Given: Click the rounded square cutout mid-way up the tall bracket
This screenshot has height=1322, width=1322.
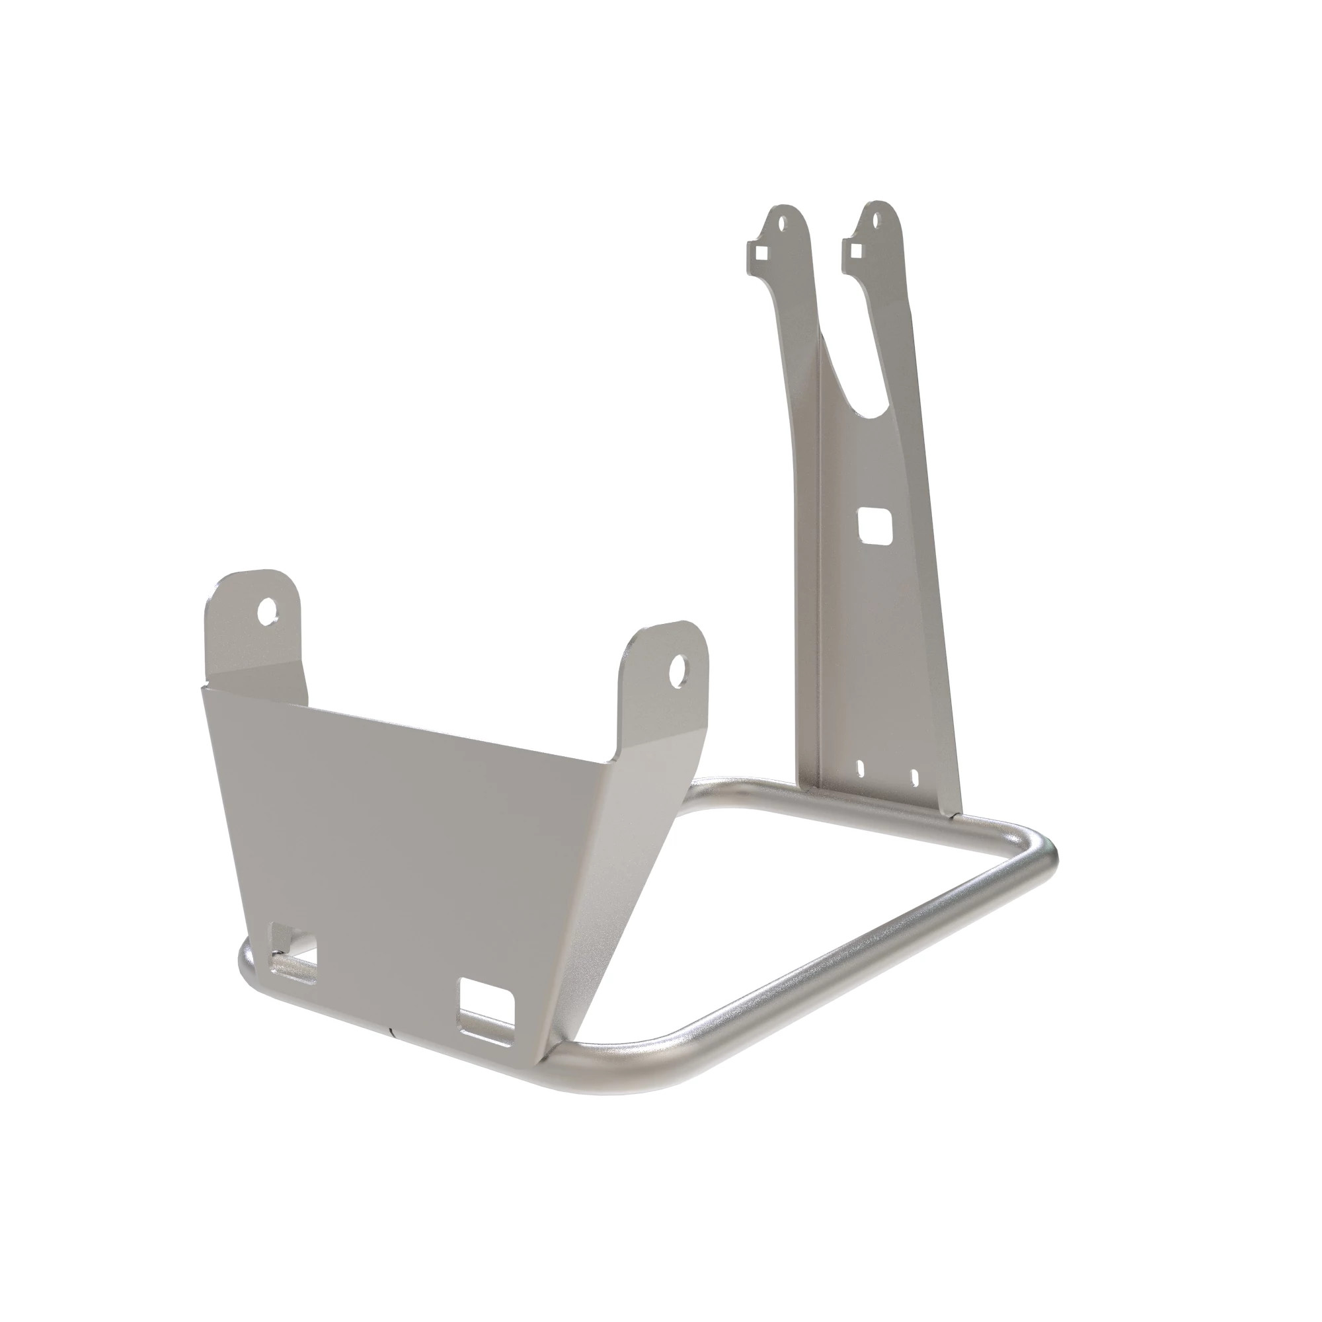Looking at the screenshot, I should tap(875, 525).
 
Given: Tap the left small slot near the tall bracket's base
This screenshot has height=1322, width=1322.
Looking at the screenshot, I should tap(862, 769).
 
